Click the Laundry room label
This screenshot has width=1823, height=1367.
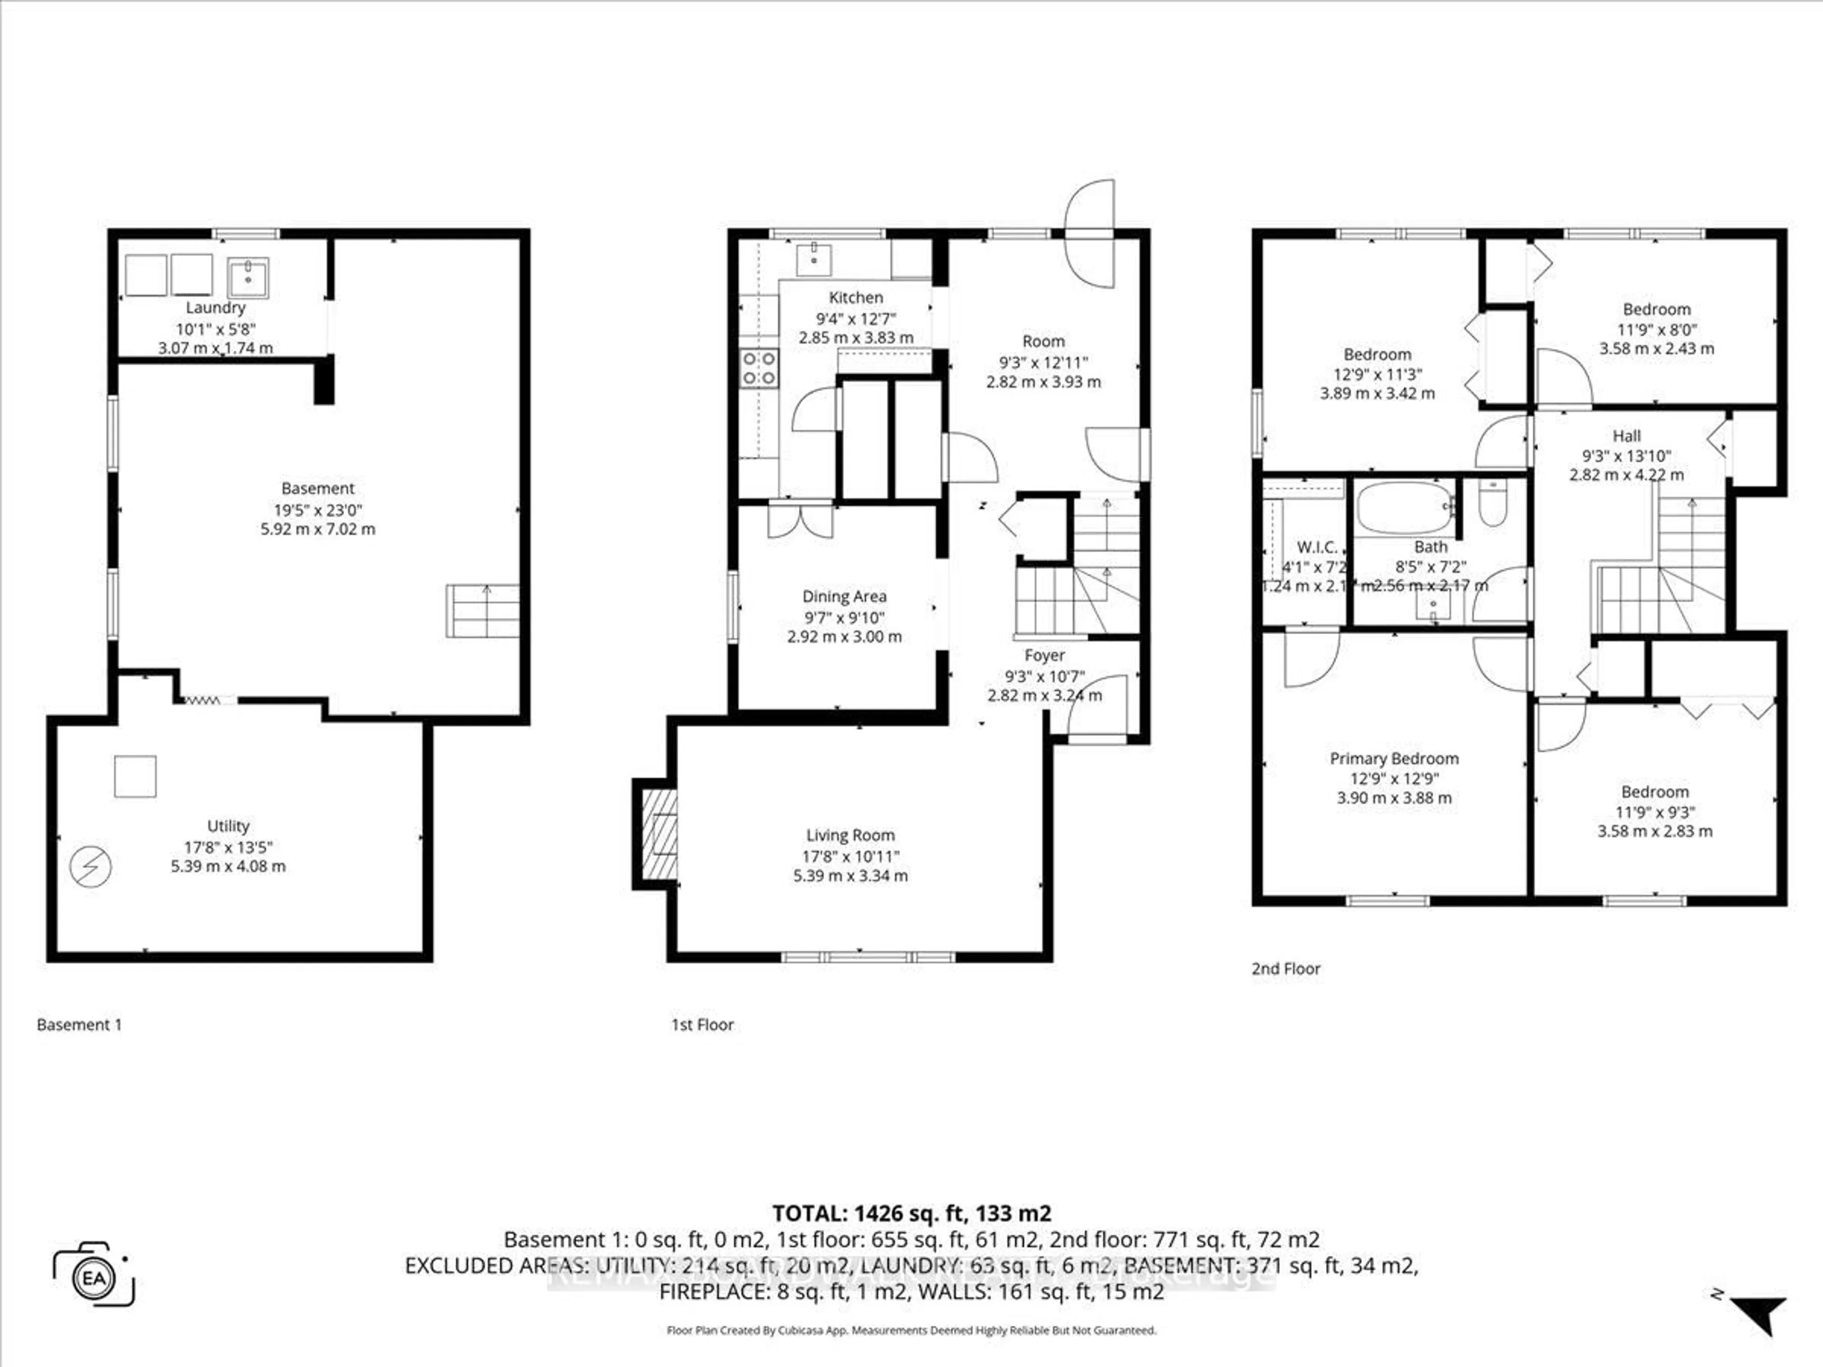point(215,308)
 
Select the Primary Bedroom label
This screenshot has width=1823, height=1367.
point(1394,758)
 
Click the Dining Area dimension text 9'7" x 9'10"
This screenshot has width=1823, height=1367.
point(844,617)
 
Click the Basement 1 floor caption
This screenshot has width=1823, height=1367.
point(79,1024)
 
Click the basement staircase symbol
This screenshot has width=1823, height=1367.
point(483,610)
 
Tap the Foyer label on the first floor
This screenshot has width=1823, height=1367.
point(1044,655)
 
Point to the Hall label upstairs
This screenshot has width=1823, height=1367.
point(1626,436)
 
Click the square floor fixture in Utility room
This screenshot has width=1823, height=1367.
point(135,776)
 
